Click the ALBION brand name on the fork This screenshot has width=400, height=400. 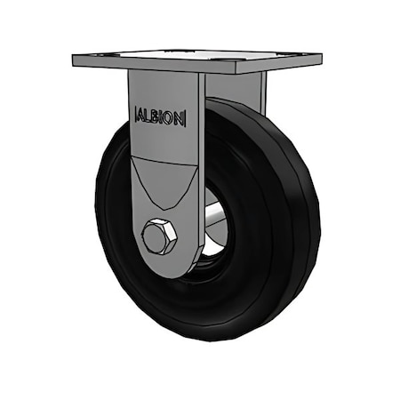point(159,116)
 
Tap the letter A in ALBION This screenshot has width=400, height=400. point(140,116)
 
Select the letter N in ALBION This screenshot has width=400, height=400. point(178,116)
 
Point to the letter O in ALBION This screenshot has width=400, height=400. point(169,116)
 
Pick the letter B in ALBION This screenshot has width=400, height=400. point(156,116)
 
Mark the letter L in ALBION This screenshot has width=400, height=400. point(148,116)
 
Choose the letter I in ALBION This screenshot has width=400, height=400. point(162,116)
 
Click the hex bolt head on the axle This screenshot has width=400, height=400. point(159,237)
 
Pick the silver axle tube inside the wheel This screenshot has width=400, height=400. point(214,219)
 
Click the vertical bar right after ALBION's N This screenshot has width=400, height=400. point(185,116)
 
